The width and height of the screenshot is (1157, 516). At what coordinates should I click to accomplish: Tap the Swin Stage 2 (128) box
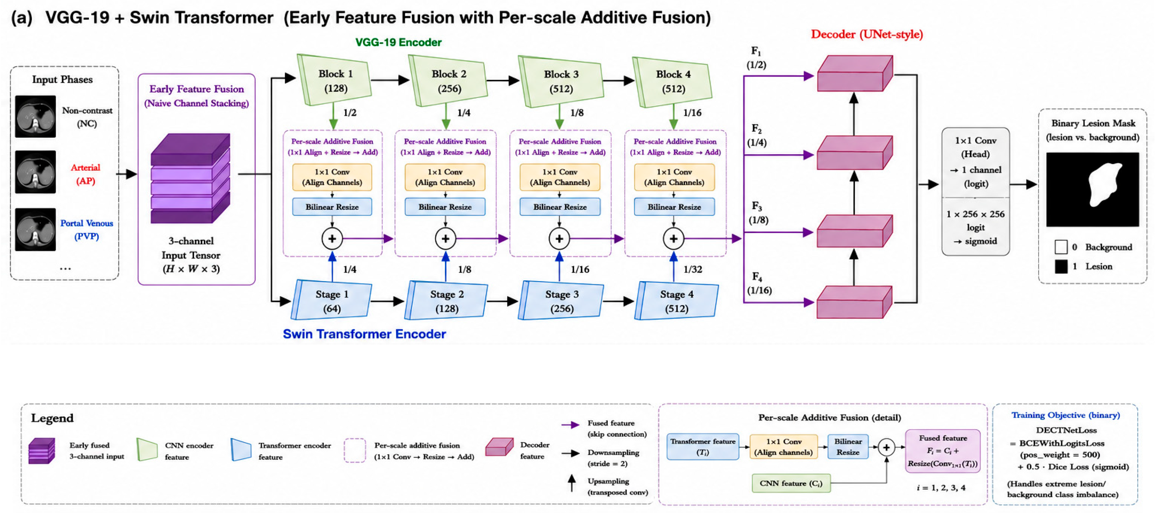pos(446,300)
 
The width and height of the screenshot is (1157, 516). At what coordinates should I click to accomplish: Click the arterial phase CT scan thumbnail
pos(36,172)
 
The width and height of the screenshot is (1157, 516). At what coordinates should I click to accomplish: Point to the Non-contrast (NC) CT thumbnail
pos(36,116)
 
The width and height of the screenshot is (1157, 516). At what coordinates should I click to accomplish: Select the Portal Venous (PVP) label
pos(87,229)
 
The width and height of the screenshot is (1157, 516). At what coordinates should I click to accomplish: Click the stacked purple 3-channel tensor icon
pos(191,178)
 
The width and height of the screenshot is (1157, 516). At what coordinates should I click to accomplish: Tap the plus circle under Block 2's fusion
pos(445,238)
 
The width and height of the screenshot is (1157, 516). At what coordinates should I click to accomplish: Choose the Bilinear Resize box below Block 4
pos(674,207)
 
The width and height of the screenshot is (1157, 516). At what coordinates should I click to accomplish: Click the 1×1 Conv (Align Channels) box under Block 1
pos(332,177)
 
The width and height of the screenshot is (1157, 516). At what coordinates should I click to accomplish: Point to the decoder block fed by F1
pos(855,73)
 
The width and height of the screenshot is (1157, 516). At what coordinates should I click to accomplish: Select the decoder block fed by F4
pos(854,302)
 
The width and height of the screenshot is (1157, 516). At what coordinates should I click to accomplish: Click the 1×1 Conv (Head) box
pos(975,162)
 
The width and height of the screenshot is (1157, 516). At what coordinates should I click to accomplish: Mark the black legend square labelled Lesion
pos(1061,267)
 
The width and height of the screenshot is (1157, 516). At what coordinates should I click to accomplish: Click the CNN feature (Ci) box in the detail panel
pos(791,483)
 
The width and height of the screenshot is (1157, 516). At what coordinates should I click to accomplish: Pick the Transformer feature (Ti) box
pos(702,447)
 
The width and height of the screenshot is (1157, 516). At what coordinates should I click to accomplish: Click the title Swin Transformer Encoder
pos(364,334)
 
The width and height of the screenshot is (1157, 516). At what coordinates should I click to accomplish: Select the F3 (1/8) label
pos(758,213)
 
